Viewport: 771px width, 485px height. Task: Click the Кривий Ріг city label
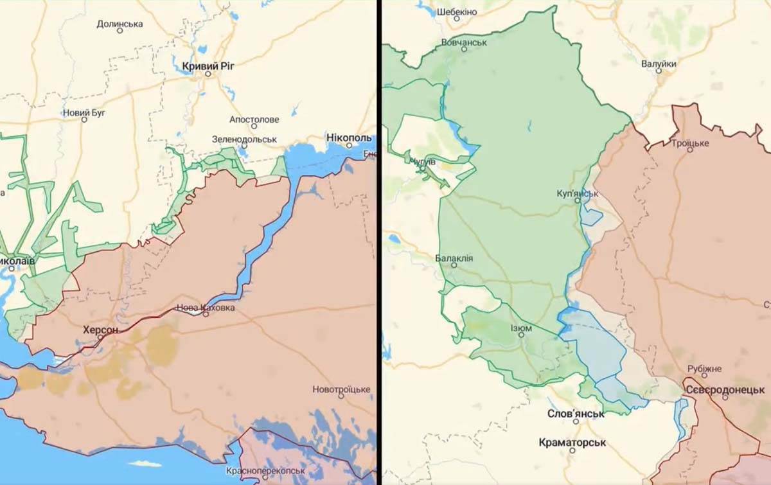click(x=207, y=65)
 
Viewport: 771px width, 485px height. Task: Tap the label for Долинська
click(x=120, y=24)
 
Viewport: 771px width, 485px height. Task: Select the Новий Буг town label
click(x=84, y=113)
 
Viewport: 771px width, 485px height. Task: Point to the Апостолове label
click(x=254, y=119)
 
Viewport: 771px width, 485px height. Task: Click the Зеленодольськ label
click(x=244, y=139)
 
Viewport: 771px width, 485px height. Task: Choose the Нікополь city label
click(x=348, y=138)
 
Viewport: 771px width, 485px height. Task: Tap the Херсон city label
click(x=100, y=330)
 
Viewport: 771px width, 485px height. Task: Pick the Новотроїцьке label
click(x=341, y=389)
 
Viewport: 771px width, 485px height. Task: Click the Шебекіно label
click(x=457, y=12)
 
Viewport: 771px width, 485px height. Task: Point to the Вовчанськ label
click(x=464, y=42)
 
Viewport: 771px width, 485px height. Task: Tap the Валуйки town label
click(x=659, y=64)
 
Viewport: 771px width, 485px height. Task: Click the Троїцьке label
click(x=690, y=143)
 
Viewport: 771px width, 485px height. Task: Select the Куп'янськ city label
click(x=578, y=193)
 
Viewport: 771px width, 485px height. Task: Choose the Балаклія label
click(x=454, y=258)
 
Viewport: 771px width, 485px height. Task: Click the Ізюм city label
click(x=520, y=328)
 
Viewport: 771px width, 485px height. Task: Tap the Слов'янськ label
click(x=575, y=414)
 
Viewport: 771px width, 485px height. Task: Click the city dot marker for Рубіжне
click(x=704, y=375)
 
